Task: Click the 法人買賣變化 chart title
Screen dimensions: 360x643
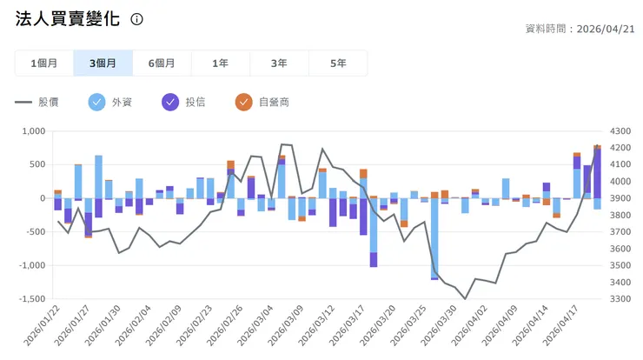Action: pos(68,19)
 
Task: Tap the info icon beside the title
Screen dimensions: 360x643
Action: pos(136,19)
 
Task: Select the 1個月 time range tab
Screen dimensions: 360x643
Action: pos(43,63)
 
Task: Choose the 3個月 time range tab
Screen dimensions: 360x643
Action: pos(103,63)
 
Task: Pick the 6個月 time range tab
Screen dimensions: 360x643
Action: pos(162,63)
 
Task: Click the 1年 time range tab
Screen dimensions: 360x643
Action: pos(221,63)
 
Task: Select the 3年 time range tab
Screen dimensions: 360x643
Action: pos(279,63)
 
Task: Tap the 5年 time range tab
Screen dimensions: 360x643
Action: pos(338,63)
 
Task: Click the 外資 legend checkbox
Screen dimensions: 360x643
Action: pos(97,102)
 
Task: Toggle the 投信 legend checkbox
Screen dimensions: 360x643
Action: pos(170,102)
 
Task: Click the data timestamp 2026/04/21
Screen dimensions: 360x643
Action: pos(605,28)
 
